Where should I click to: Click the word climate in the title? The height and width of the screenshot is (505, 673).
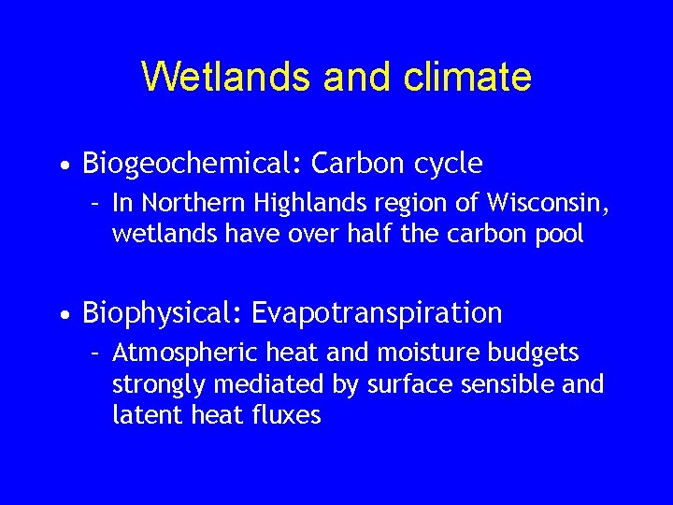point(467,77)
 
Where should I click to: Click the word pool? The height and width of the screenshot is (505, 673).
point(561,234)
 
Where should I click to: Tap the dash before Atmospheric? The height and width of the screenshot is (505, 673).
point(94,353)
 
